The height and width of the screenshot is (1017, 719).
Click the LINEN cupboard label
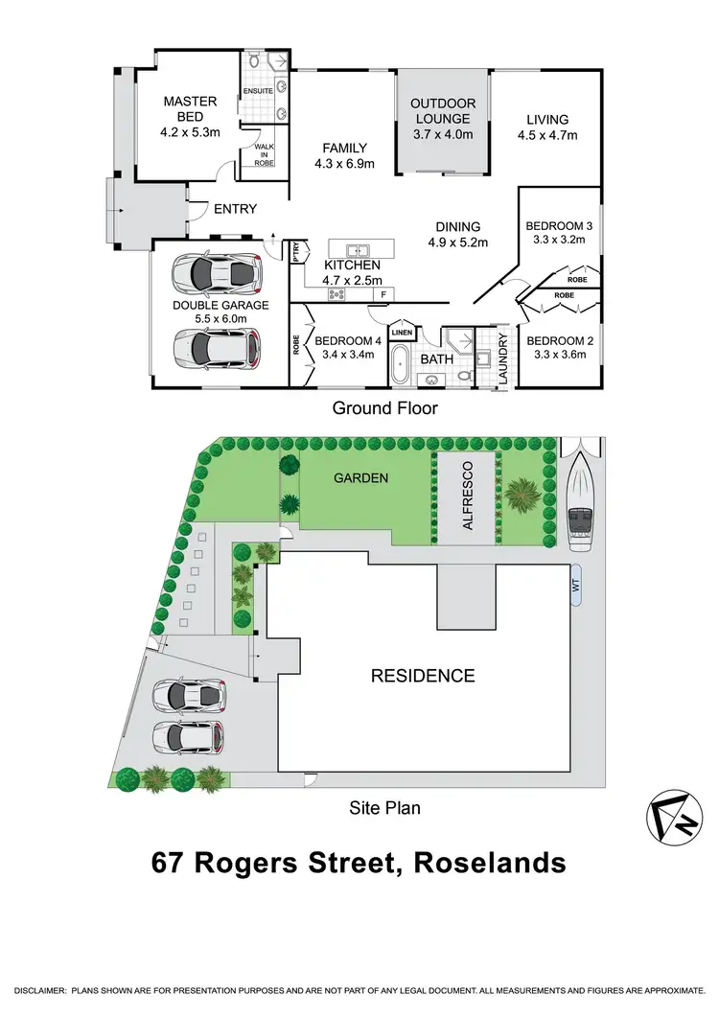click(402, 333)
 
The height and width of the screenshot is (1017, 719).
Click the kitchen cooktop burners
click(338, 294)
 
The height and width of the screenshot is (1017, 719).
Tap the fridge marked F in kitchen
click(383, 293)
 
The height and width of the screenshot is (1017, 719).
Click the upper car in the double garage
click(216, 273)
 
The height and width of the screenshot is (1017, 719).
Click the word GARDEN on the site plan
click(360, 476)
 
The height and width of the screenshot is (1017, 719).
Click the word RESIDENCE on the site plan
click(423, 676)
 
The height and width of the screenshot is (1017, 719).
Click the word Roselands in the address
click(489, 863)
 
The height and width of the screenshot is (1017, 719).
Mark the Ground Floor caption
click(384, 408)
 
